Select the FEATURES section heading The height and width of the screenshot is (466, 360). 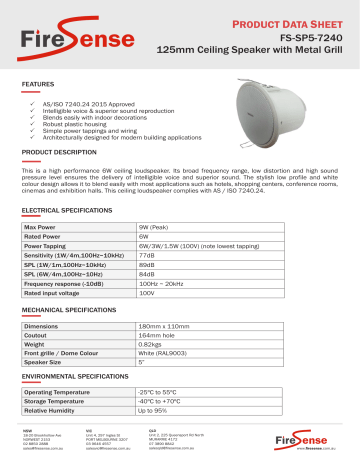(39, 86)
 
